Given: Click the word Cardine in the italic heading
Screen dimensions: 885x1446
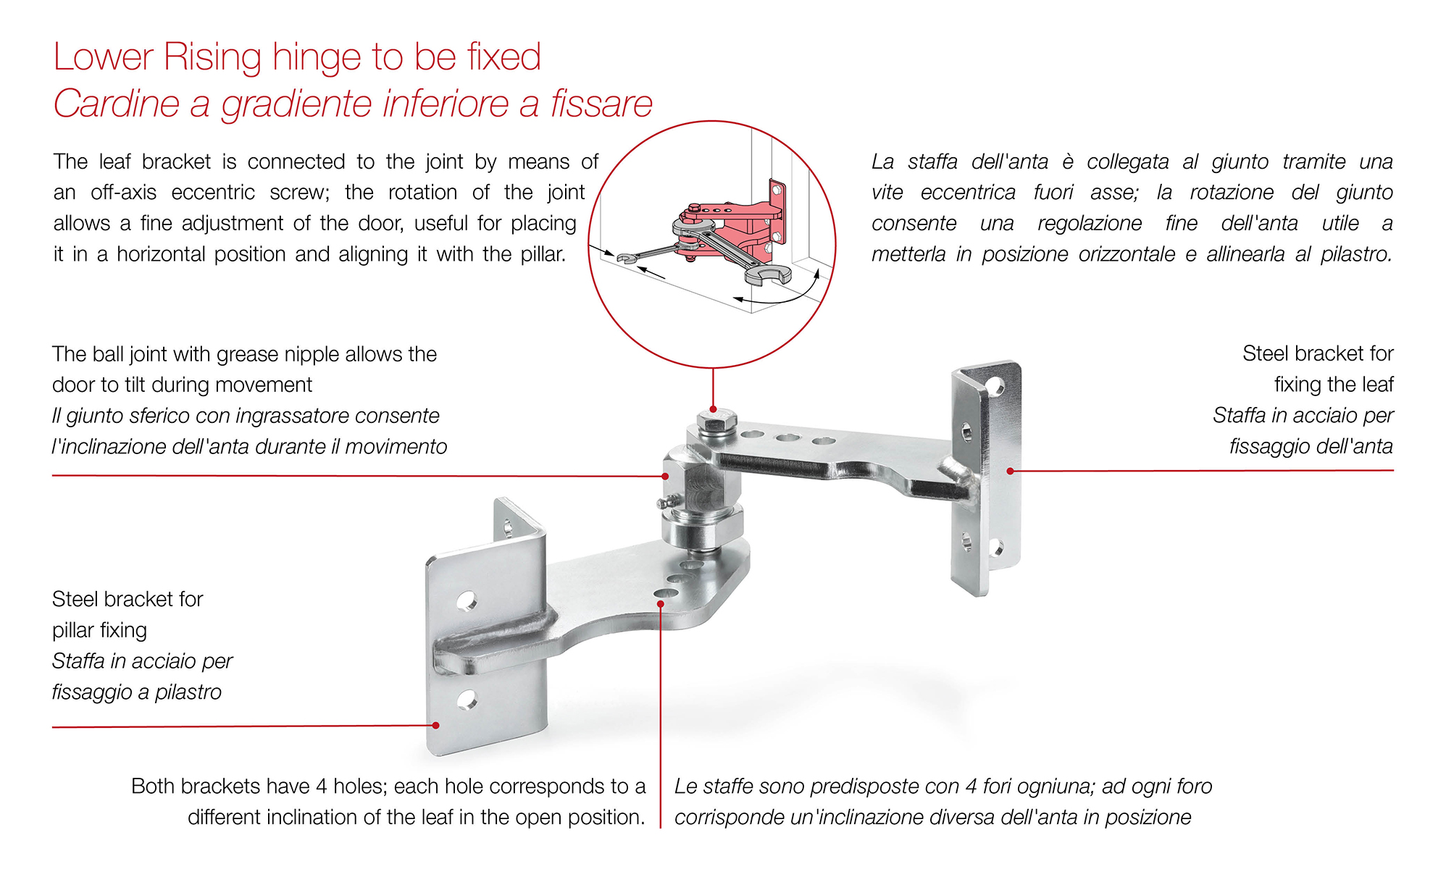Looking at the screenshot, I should (116, 104).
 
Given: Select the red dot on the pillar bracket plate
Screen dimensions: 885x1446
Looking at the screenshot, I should (435, 725).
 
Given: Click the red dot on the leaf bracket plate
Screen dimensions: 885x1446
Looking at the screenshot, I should (1010, 471).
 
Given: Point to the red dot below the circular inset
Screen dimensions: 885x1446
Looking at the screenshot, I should (714, 409).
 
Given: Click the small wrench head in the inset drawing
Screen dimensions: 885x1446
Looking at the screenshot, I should (625, 258).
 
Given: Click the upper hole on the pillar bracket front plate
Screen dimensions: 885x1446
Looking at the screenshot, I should (467, 600).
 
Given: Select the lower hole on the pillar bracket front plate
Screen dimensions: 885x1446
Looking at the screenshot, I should (467, 700).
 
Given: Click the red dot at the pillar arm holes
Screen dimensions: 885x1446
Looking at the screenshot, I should (661, 603).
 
